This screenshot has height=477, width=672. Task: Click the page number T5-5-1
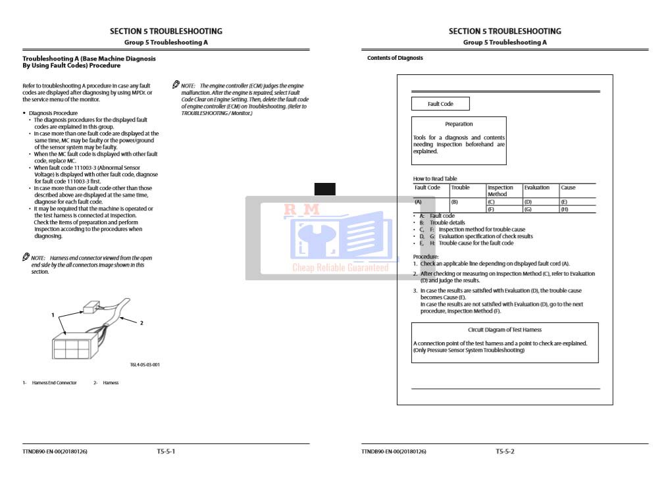(166, 451)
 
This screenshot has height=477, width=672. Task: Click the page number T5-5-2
(505, 451)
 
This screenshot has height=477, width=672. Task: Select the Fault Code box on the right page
(440, 104)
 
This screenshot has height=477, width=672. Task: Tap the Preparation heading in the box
(459, 124)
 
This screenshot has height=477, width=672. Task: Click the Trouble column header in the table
(461, 188)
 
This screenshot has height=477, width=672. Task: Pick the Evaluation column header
(537, 188)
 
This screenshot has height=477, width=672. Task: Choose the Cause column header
(568, 188)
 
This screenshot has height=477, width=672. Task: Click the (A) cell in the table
(418, 202)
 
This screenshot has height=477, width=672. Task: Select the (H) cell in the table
(564, 209)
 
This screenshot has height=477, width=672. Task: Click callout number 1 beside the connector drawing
(53, 315)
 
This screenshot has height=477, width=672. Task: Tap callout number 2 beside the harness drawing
(142, 322)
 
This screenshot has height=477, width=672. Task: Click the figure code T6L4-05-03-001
(144, 364)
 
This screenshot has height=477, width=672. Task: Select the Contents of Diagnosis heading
(395, 59)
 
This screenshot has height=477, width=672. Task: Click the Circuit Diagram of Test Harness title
(505, 330)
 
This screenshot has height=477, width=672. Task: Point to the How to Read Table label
(434, 178)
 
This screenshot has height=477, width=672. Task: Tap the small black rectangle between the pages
(324, 189)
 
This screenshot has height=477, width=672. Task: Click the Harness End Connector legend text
(54, 382)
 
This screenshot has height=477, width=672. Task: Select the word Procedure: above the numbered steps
(426, 256)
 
